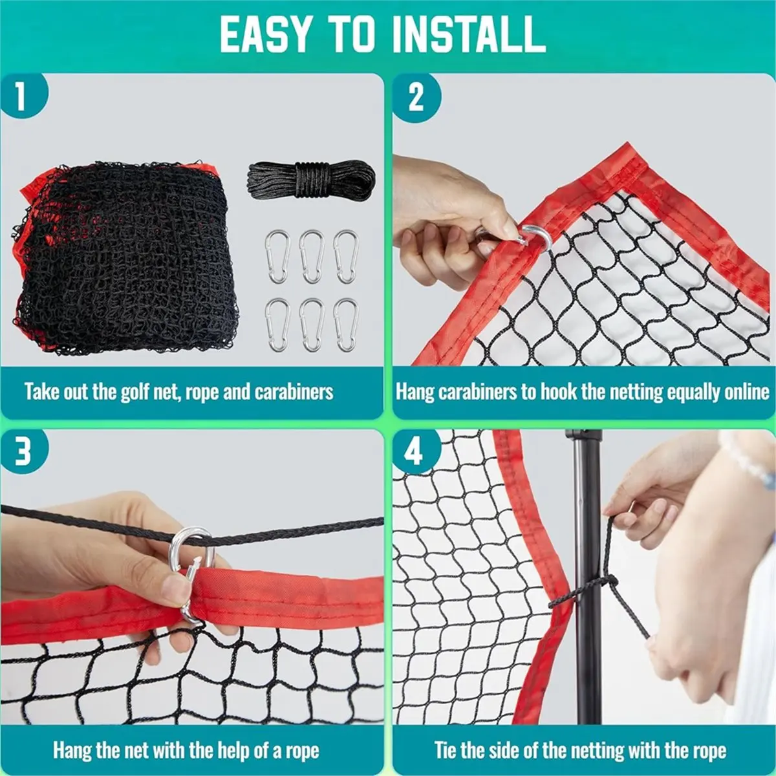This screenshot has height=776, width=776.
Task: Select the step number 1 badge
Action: tap(23, 95)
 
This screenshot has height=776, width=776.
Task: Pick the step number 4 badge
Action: tap(416, 451)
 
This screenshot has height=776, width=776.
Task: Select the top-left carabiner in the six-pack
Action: tap(277, 257)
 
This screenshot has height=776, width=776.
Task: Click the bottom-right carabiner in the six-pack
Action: tap(346, 325)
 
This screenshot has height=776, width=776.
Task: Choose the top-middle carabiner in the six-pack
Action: tap(312, 257)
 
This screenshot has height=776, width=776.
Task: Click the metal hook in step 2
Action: tap(535, 237)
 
